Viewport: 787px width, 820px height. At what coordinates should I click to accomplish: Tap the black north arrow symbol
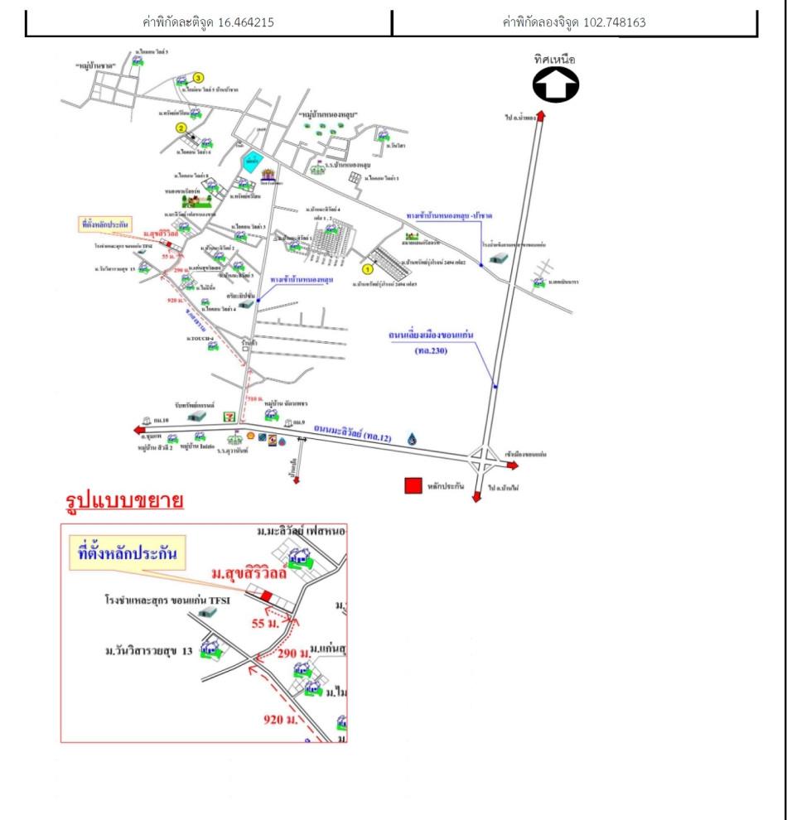(555, 84)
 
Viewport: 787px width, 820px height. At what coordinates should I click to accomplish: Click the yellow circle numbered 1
(369, 268)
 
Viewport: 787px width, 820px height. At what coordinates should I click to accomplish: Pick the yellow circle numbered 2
(180, 128)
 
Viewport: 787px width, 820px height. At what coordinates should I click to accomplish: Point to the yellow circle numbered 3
(198, 78)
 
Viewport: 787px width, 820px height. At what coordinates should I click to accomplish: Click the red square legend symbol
(413, 486)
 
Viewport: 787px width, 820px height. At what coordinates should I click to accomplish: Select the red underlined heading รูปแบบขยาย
(123, 501)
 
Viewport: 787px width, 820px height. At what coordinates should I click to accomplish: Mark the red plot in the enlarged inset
(266, 596)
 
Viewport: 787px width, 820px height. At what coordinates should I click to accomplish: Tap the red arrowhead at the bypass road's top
(541, 117)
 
